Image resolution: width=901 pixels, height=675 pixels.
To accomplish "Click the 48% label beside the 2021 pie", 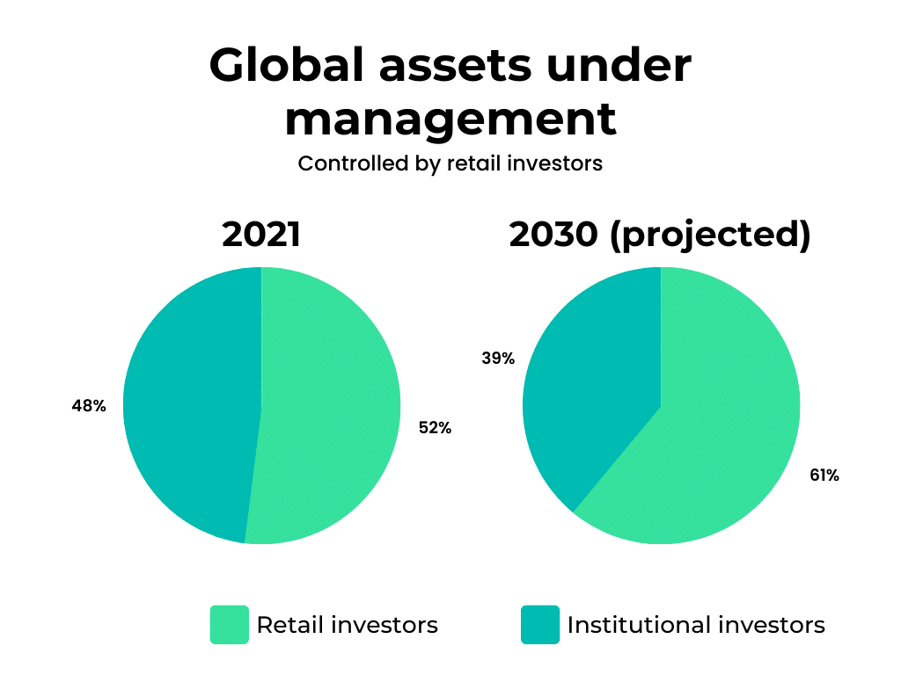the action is [89, 406].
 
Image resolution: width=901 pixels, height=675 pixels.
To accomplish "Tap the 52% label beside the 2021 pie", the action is [435, 428].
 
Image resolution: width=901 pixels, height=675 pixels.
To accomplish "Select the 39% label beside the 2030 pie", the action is [498, 359].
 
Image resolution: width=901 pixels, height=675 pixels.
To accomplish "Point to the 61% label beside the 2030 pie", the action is [824, 475].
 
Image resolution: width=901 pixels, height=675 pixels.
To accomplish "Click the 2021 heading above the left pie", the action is [261, 234].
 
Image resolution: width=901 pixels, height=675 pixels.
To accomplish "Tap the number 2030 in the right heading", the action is [553, 234].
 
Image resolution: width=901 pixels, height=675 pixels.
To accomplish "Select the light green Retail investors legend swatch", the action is [230, 625].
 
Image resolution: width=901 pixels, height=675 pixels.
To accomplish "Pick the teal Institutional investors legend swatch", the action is [540, 625].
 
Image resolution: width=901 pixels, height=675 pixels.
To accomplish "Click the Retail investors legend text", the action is [347, 625].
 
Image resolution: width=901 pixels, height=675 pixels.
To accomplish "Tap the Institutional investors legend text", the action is [696, 625].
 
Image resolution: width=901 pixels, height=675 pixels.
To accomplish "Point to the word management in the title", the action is [450, 120].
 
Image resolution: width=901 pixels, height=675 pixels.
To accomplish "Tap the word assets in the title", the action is [455, 68].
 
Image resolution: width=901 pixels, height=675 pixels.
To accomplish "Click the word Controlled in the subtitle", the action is [353, 163].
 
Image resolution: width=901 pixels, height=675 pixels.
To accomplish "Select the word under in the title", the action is [619, 65].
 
